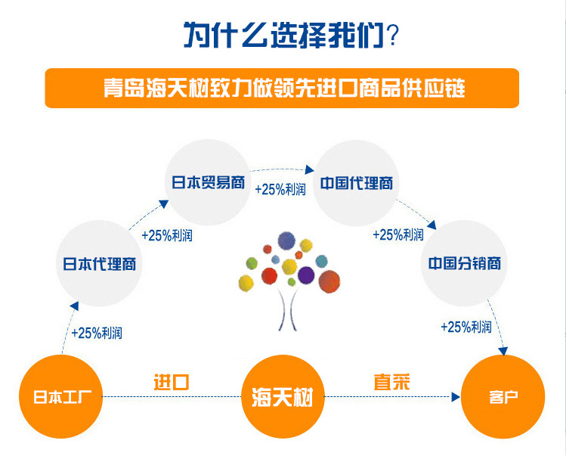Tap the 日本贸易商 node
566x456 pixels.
(207, 182)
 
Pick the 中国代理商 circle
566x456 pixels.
(355, 182)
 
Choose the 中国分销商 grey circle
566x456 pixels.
(463, 264)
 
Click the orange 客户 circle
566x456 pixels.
(503, 396)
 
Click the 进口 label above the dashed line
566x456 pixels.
(171, 382)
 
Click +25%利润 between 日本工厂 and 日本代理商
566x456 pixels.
(97, 332)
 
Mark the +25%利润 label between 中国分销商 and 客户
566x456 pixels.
(466, 327)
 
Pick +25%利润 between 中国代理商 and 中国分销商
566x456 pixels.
(398, 234)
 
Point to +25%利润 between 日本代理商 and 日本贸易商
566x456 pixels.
(167, 235)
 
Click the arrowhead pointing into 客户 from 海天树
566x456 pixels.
(456, 396)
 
